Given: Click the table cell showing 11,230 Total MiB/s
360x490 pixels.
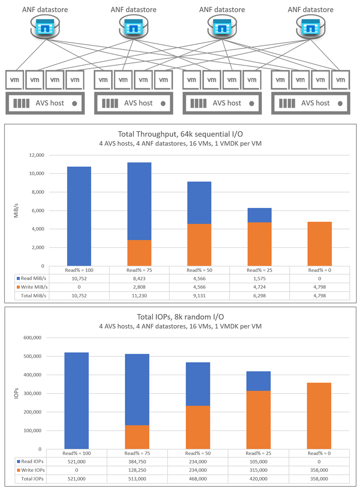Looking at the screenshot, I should (139, 296).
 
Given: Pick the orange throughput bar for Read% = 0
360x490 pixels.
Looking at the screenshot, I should (320, 244).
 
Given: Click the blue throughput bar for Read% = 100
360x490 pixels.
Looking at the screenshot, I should (79, 216).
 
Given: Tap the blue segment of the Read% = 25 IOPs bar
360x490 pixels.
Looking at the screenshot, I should (258, 381).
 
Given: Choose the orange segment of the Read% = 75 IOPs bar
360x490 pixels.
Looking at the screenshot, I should (137, 437).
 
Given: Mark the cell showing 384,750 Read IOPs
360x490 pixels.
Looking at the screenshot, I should (137, 461).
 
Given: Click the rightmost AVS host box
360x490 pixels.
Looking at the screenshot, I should (311, 103).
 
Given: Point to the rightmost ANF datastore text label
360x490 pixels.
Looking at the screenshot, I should (311, 9).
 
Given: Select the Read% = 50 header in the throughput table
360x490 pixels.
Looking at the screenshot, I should (199, 270).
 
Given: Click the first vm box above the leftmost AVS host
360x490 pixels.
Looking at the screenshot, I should (15, 80).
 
